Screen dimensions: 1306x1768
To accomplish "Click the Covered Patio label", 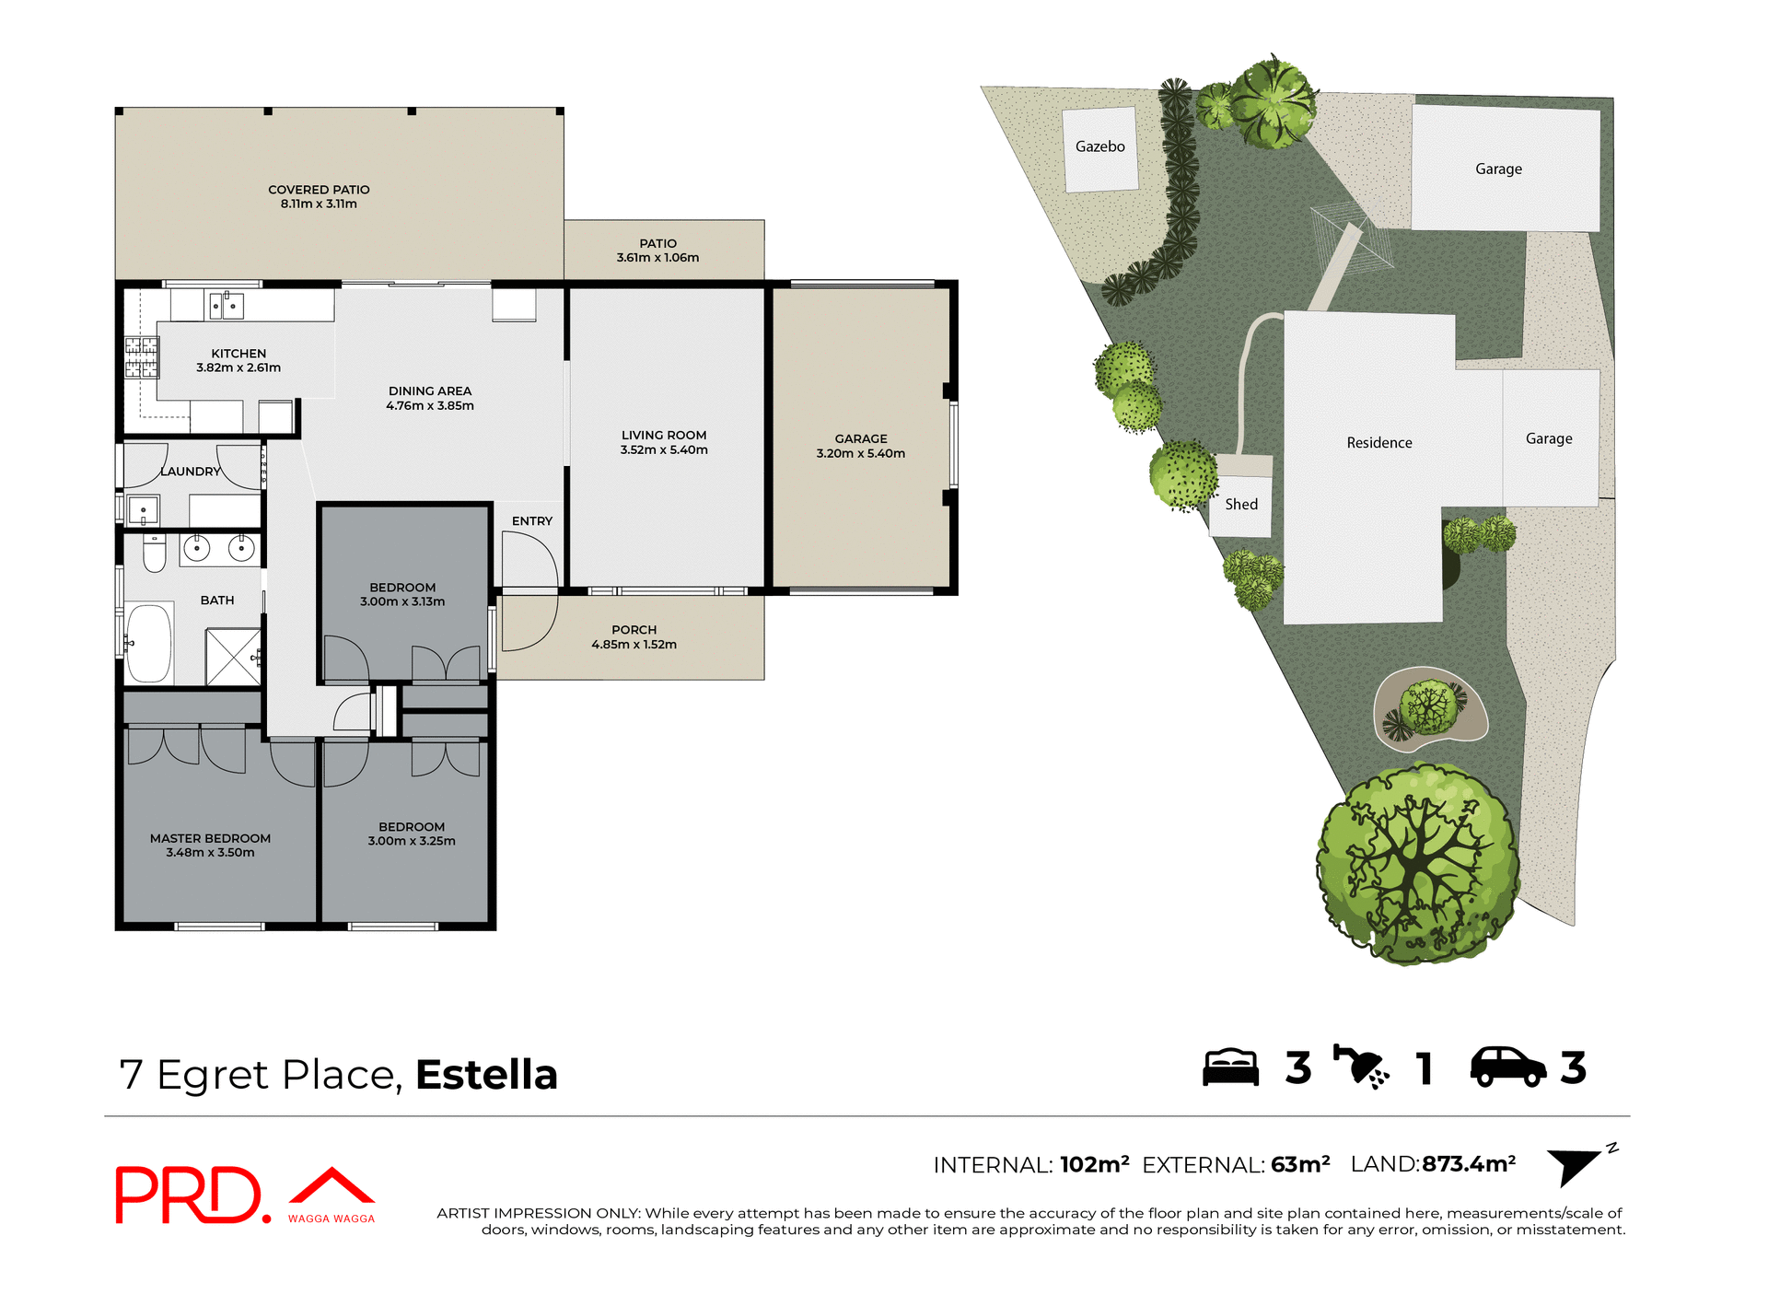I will point(319,190).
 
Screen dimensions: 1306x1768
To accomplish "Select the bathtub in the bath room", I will point(149,642).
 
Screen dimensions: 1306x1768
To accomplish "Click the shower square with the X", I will point(233,657).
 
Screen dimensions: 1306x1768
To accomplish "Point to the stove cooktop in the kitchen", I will point(142,357).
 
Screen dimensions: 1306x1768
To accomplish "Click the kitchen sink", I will point(226,304).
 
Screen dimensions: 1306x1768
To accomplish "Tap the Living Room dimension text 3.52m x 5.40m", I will point(663,450).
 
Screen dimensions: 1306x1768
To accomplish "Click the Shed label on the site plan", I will point(1240,505).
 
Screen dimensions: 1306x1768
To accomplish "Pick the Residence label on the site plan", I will point(1378,443).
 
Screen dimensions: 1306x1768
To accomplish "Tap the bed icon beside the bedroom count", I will point(1230,1067).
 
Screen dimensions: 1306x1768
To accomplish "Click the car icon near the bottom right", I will point(1507,1067).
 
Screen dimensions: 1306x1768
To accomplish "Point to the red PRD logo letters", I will point(189,1195).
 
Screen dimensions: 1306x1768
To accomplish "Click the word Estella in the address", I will point(486,1075).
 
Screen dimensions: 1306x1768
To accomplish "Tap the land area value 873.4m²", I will point(1469,1164).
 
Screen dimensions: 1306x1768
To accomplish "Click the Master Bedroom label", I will point(210,839).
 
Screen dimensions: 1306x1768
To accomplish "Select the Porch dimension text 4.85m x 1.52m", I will point(634,645).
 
